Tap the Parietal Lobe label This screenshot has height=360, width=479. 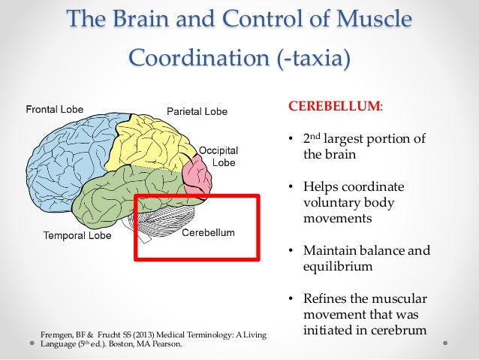point(196,112)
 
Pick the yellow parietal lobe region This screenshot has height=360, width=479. point(150,147)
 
